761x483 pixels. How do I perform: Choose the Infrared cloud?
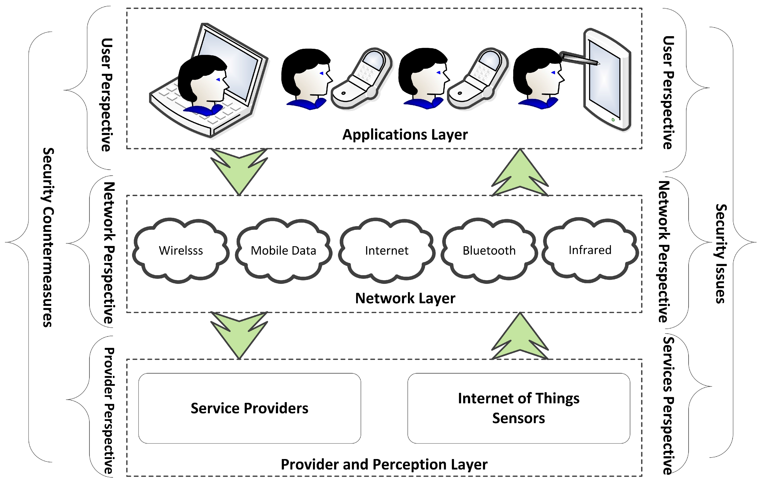590,249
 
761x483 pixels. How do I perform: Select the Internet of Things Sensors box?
519,408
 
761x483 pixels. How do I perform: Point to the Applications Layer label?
405,135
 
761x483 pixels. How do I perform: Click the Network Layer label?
405,298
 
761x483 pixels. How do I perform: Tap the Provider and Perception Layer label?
384,464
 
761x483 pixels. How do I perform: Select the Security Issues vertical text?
720,254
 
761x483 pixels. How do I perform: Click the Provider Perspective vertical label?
109,411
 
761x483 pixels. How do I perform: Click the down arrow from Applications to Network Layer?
239,171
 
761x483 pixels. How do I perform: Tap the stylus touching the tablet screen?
580,59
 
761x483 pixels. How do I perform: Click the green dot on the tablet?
613,120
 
